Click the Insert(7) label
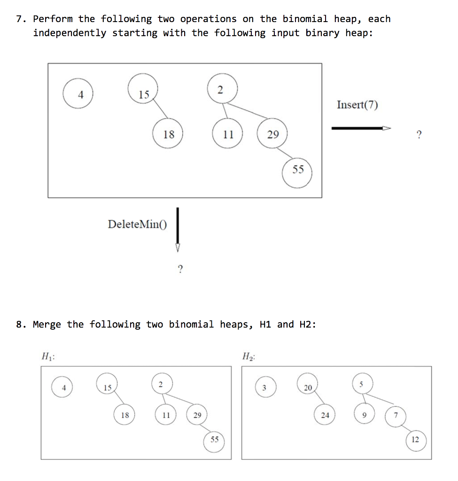[x=357, y=105]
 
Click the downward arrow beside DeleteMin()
[x=178, y=230]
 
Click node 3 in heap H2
[x=264, y=388]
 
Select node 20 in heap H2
[x=308, y=388]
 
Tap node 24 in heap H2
[x=325, y=415]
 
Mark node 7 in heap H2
[x=396, y=415]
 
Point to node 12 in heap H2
[x=415, y=440]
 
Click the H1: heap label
[x=48, y=357]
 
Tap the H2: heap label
[x=248, y=357]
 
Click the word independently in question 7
[x=70, y=33]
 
